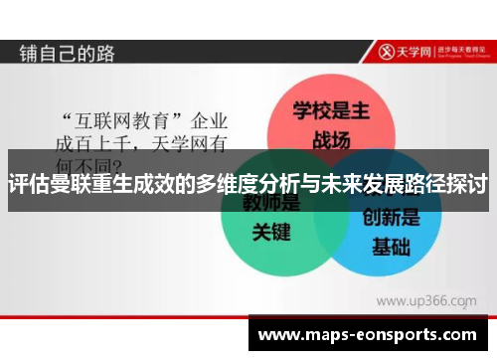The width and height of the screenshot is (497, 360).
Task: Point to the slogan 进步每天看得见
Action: [463, 48]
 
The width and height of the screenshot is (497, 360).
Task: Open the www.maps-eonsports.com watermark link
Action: [367, 335]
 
